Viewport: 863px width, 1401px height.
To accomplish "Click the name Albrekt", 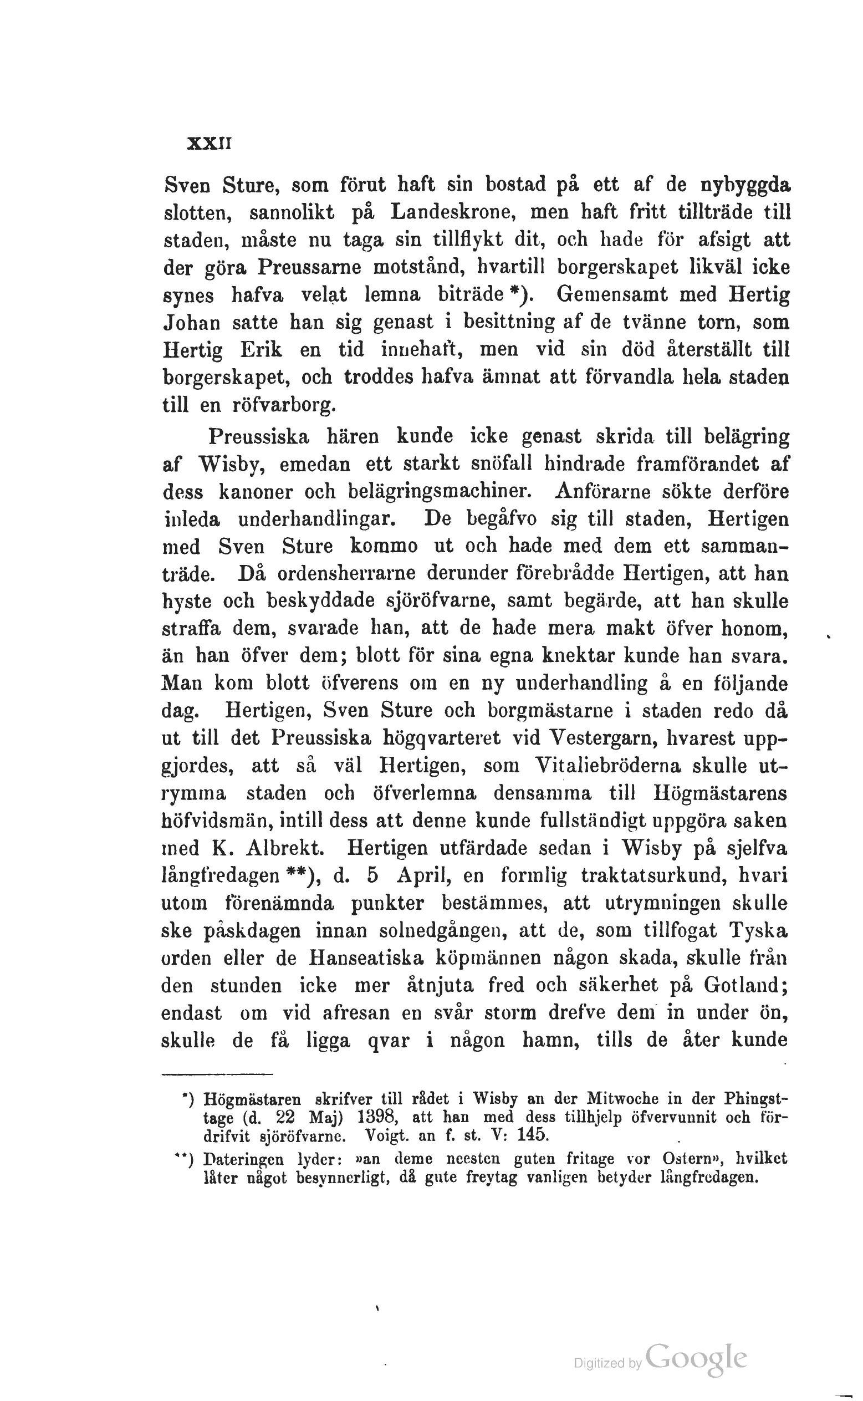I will (284, 848).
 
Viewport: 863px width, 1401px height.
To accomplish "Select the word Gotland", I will (745, 985).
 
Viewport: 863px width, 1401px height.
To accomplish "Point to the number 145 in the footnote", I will (532, 1134).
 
